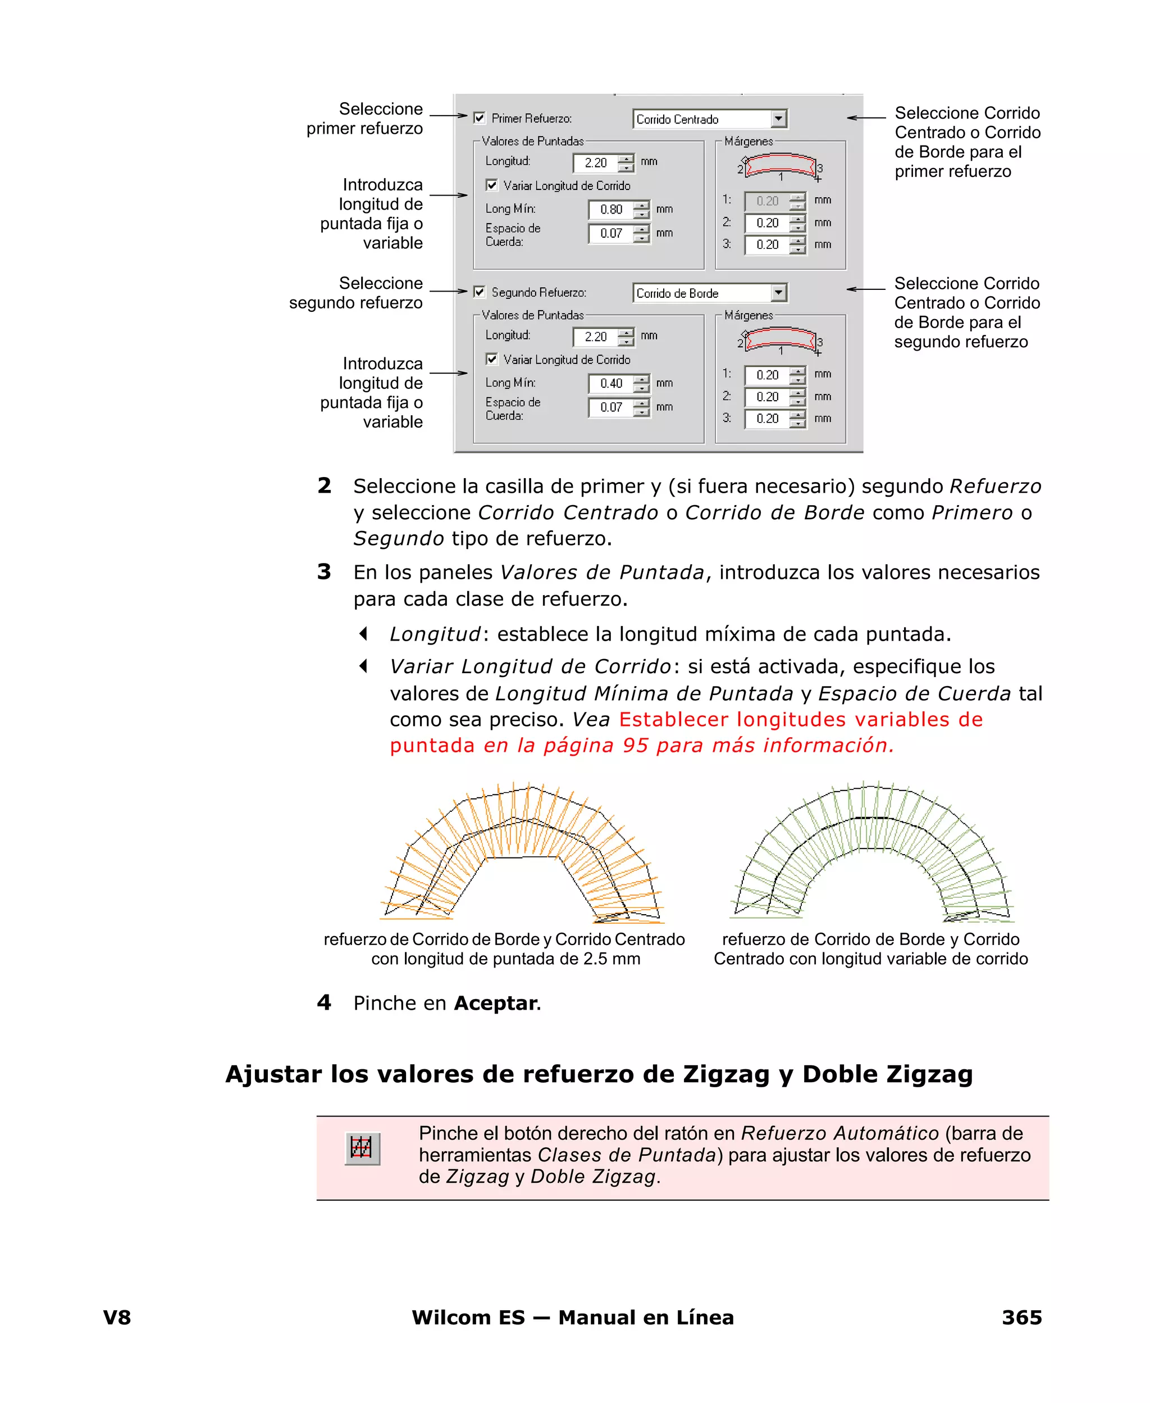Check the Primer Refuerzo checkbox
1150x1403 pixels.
tap(480, 118)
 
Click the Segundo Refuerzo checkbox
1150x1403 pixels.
tap(480, 292)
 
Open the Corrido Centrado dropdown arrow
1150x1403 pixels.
tap(779, 119)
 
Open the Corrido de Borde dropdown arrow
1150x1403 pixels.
tap(779, 292)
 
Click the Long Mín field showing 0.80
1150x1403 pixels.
tap(610, 210)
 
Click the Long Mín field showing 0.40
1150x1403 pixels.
tap(610, 383)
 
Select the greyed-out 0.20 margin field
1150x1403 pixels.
tap(766, 201)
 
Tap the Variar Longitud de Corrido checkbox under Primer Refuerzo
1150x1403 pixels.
tap(491, 185)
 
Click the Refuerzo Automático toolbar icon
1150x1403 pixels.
tap(362, 1148)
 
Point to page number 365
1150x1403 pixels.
tap(1021, 1318)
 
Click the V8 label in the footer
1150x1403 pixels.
tap(117, 1318)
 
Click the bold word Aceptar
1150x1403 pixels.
tap(495, 1004)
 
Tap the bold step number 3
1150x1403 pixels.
tap(324, 571)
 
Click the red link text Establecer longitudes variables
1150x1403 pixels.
tap(800, 720)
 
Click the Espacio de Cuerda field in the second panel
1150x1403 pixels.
tap(610, 407)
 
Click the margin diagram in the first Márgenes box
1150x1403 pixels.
tap(781, 166)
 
